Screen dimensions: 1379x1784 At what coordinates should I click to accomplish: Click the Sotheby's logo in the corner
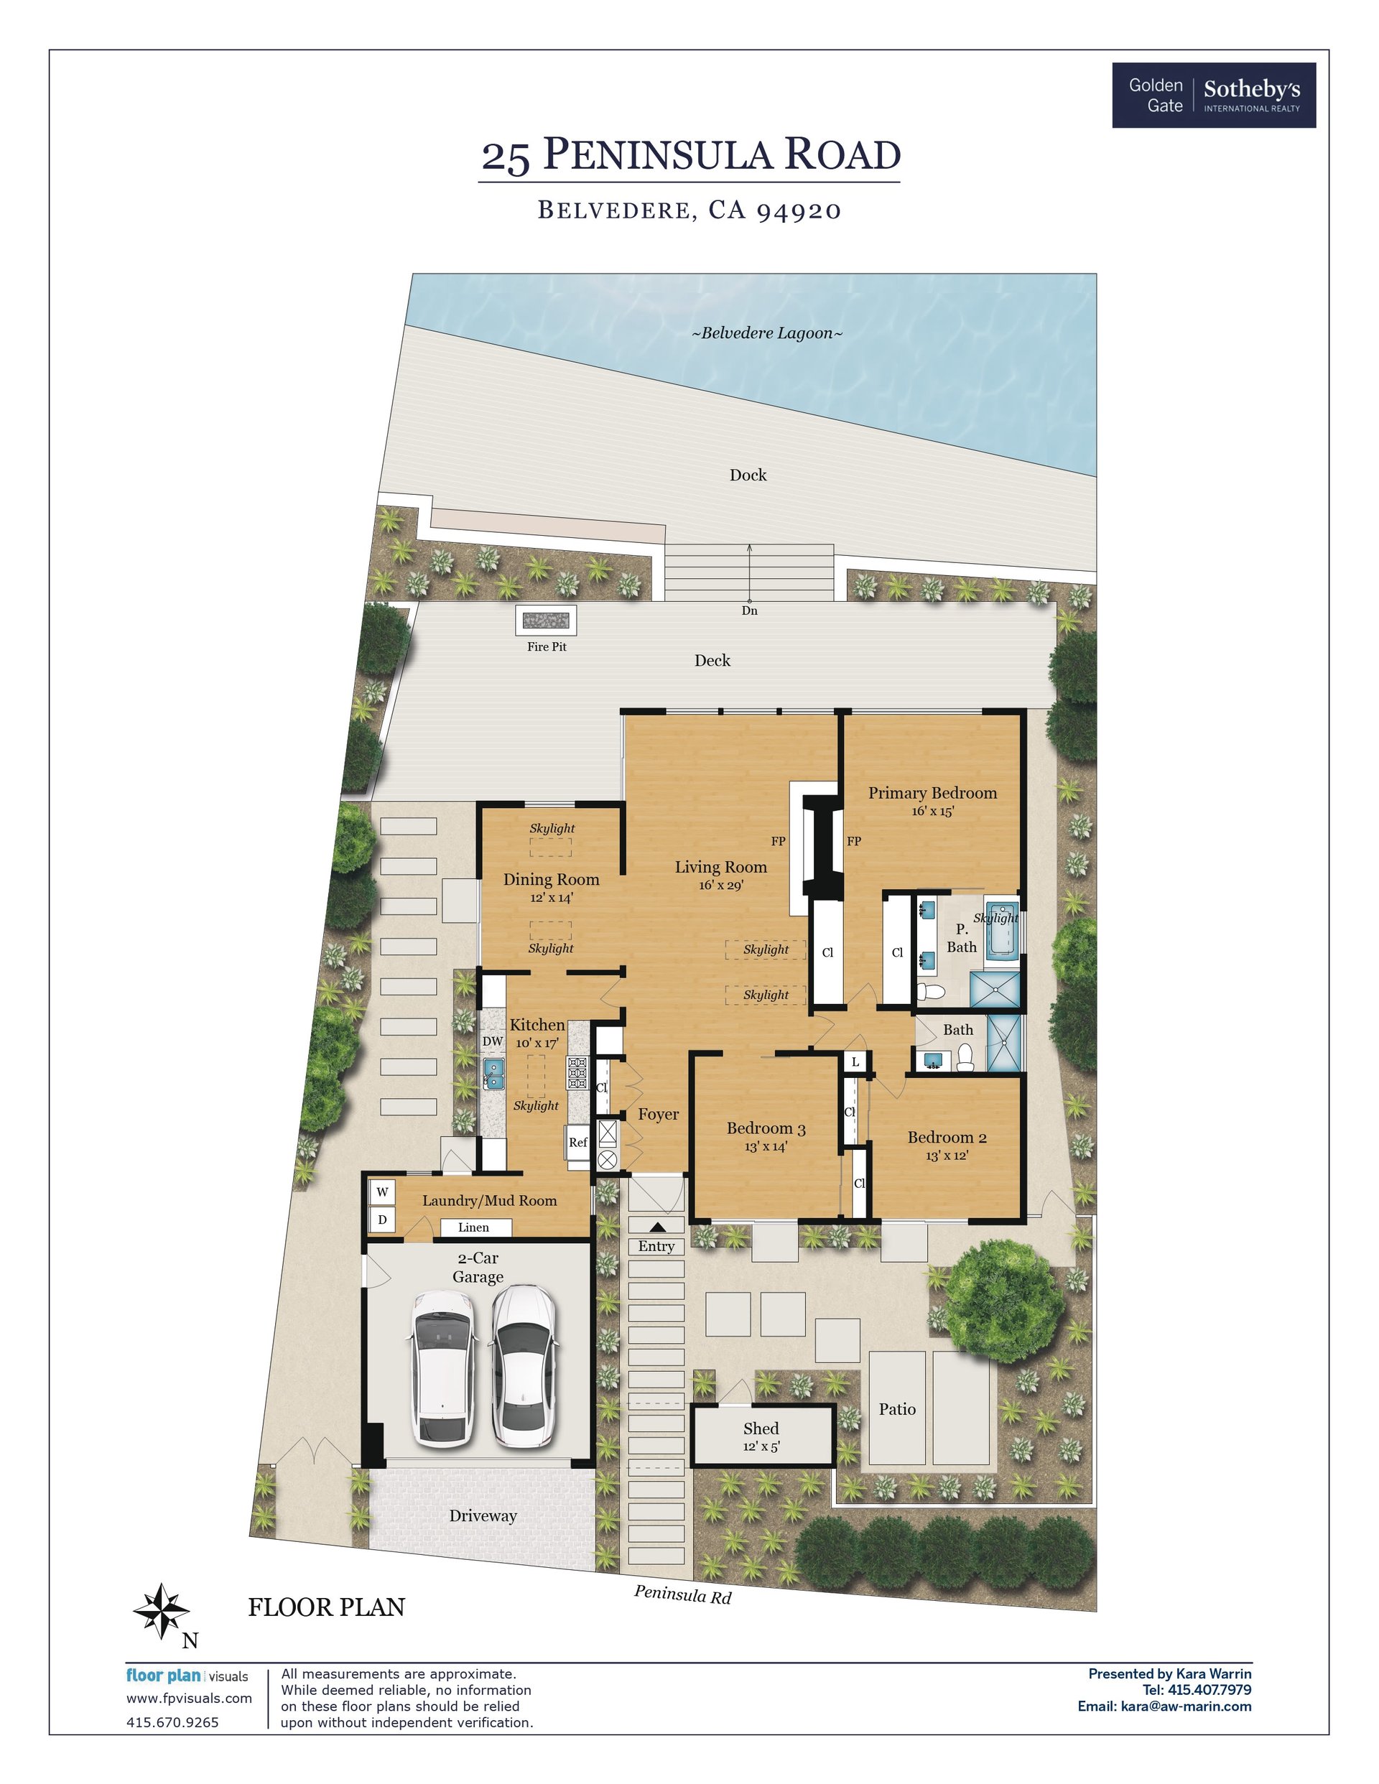pos(1213,95)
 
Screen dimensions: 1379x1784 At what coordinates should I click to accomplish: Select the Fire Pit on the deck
pos(546,620)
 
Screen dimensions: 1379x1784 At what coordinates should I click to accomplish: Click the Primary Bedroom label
pos(932,792)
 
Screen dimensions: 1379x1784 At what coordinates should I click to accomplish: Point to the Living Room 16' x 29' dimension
pos(720,886)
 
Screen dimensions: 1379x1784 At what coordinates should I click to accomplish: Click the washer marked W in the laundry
pos(381,1193)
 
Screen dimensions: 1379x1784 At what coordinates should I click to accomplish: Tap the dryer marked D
pos(381,1220)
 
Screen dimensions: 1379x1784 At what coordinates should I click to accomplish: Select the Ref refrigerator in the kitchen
pos(577,1142)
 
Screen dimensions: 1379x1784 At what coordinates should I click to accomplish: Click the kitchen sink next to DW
pos(493,1072)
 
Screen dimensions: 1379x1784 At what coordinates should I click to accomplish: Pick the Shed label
pos(761,1428)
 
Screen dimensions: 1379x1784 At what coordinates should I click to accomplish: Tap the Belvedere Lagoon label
pos(767,333)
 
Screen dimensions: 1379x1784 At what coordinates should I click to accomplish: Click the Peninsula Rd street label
pos(683,1594)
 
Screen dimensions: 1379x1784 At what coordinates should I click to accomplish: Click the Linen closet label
pos(473,1227)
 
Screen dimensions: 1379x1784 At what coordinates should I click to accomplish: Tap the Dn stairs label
pos(749,610)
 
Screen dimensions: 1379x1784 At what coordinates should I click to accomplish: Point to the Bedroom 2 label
pos(947,1137)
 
